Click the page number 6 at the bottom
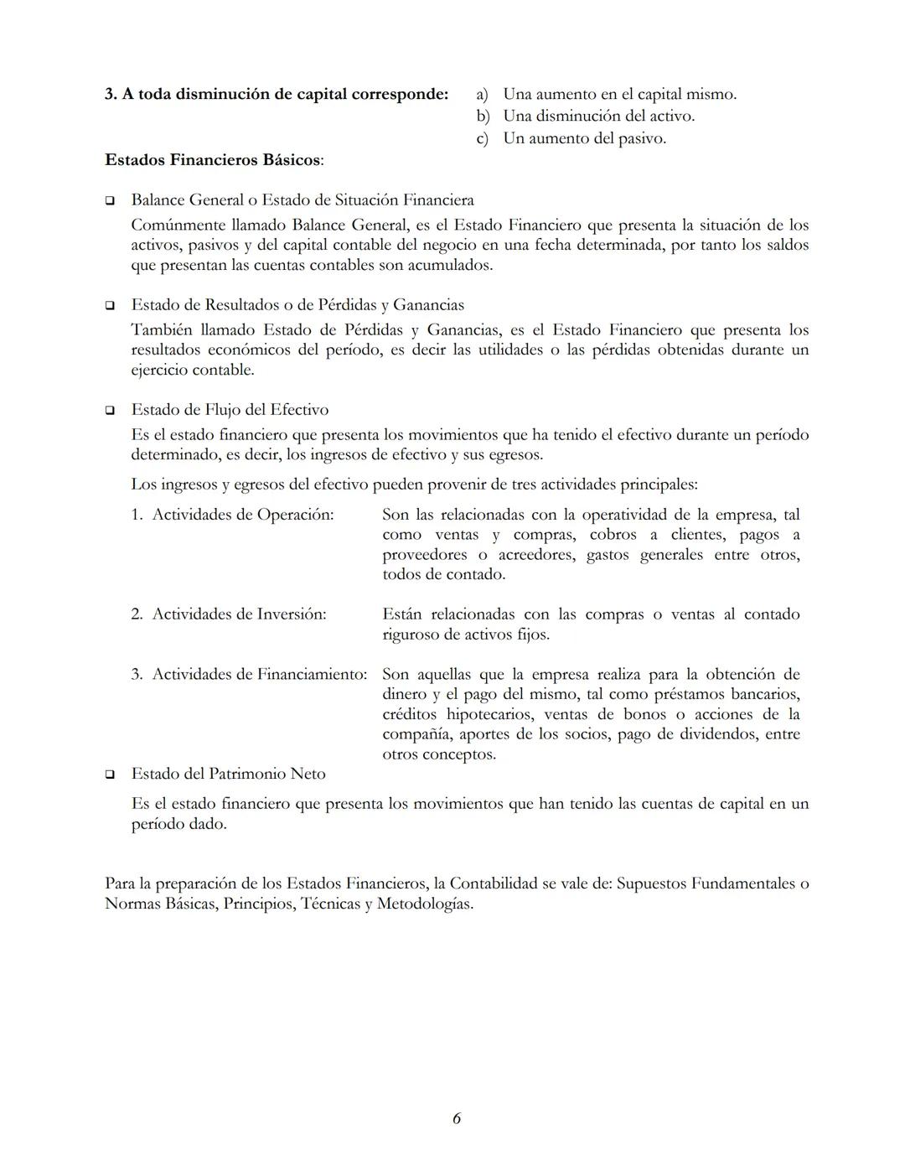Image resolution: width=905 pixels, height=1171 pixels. pyautogui.click(x=456, y=1118)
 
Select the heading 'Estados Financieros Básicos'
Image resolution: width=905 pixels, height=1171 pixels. pyautogui.click(x=213, y=159)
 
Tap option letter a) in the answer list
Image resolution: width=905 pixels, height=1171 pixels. pyautogui.click(x=482, y=94)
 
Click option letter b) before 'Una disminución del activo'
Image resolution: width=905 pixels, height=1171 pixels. pyautogui.click(x=483, y=116)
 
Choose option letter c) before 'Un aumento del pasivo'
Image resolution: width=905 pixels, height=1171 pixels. pyautogui.click(x=482, y=138)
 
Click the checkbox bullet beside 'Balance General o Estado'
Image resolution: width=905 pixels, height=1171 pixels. pyautogui.click(x=110, y=201)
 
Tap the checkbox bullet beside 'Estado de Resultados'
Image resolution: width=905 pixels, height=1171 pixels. pyautogui.click(x=110, y=306)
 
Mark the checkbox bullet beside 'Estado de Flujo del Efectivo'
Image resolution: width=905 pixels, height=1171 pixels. pyautogui.click(x=110, y=411)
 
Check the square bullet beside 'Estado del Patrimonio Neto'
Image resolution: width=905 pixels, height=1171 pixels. pyautogui.click(x=110, y=775)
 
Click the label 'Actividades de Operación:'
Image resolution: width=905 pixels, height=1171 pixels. pyautogui.click(x=242, y=515)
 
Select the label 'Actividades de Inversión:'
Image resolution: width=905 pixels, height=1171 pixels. pyautogui.click(x=239, y=614)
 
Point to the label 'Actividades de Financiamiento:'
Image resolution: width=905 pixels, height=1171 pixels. pyautogui.click(x=259, y=675)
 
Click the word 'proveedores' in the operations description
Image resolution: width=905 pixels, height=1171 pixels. pyautogui.click(x=425, y=555)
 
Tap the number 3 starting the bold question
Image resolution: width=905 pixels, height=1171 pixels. pyautogui.click(x=110, y=94)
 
